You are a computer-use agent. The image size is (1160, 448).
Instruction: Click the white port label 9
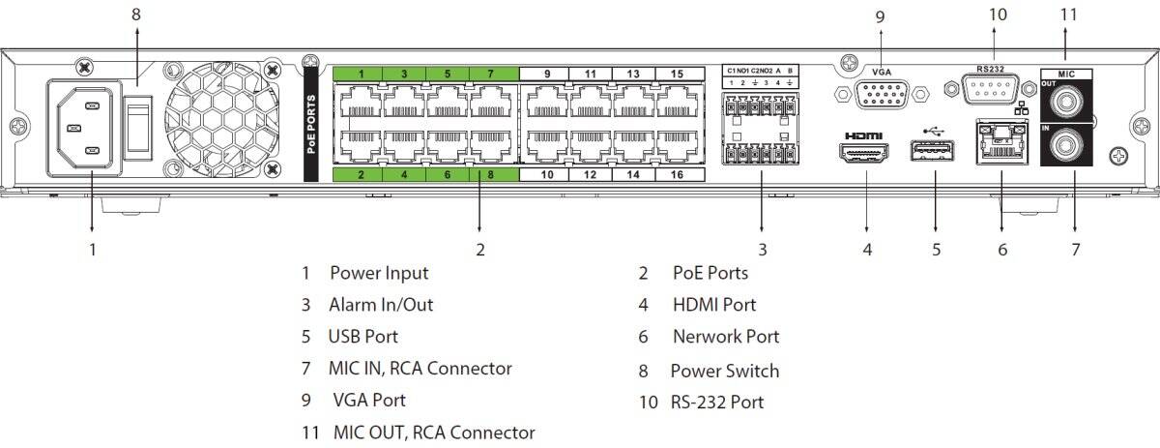pyautogui.click(x=546, y=74)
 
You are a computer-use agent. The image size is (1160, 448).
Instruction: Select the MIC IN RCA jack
pyautogui.click(x=1067, y=147)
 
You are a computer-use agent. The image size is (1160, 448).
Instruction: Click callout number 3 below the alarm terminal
pyautogui.click(x=762, y=249)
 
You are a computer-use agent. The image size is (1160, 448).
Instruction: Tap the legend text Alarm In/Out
pyautogui.click(x=381, y=305)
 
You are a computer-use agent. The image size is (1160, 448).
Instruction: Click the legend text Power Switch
pyautogui.click(x=724, y=371)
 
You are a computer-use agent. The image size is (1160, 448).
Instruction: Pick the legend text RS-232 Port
pyautogui.click(x=716, y=401)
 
